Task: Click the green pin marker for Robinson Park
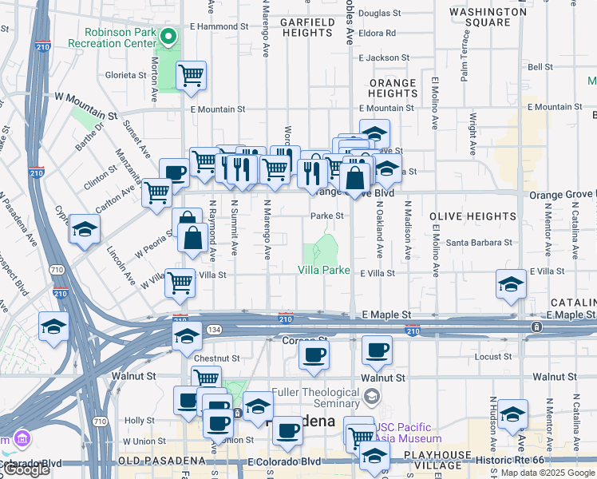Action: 168,37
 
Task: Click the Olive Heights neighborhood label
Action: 472,216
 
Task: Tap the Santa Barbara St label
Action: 479,243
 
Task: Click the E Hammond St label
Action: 215,27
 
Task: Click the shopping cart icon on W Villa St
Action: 180,283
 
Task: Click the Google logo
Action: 27,470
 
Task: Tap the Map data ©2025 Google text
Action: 548,473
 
